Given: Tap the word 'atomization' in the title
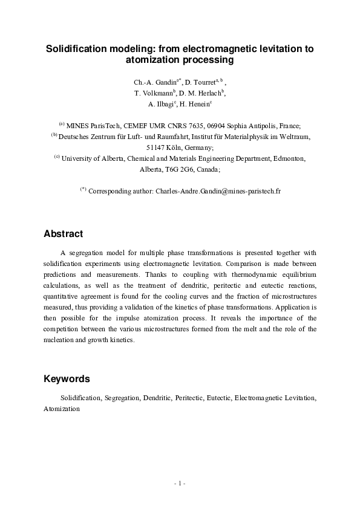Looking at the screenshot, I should tap(155, 60).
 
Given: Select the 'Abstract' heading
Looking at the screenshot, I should tap(63, 234).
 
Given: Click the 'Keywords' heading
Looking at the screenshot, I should tap(67, 379).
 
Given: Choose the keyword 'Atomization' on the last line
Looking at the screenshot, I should tap(61, 409).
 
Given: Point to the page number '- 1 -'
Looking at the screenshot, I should tap(180, 483).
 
